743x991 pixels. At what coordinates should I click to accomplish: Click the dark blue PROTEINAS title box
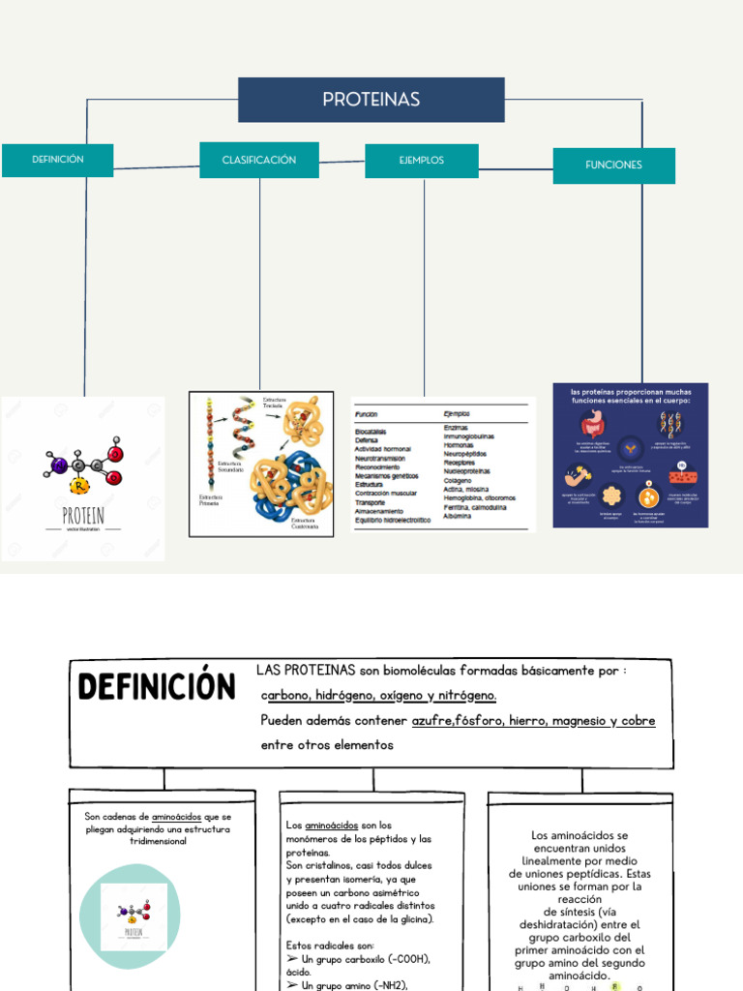371,100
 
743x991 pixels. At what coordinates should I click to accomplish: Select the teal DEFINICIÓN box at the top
58,160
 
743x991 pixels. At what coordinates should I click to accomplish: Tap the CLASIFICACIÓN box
259,160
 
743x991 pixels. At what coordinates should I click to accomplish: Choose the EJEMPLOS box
422,161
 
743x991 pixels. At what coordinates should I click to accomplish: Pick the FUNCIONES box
613,165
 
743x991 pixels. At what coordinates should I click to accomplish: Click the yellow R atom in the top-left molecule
81,485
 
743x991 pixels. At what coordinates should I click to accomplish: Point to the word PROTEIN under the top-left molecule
83,514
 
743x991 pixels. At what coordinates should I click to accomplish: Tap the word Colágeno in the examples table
458,480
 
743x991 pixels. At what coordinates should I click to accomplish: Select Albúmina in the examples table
458,516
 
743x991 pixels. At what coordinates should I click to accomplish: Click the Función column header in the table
367,413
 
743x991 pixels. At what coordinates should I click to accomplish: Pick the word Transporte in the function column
371,502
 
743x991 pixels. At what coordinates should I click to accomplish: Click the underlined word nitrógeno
465,696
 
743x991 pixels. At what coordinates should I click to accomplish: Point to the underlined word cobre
638,721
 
